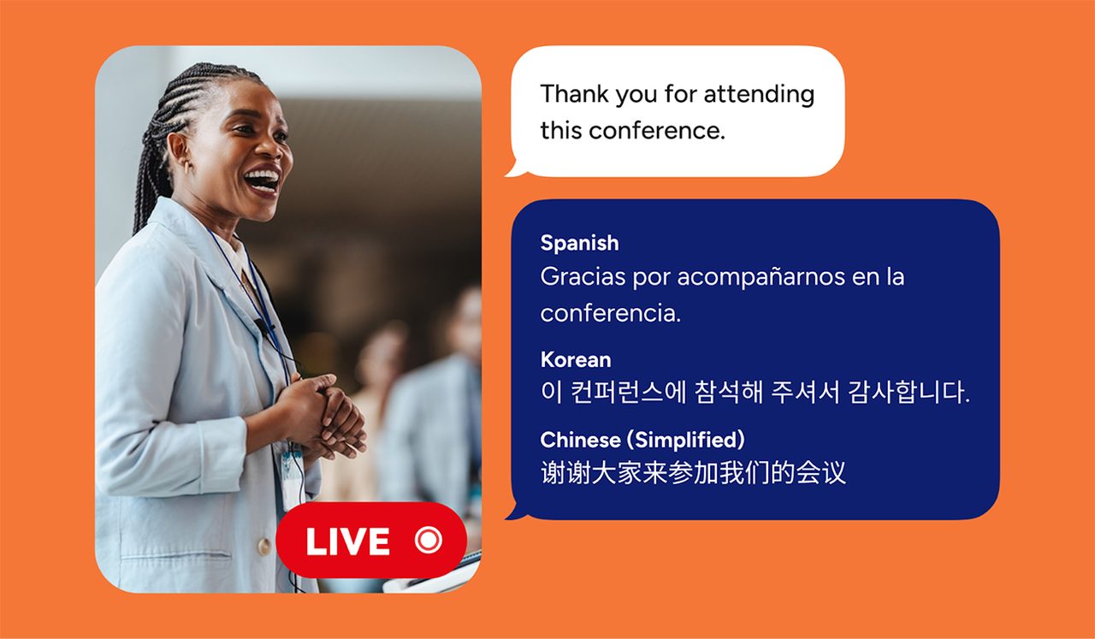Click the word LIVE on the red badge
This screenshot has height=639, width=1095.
coord(347,541)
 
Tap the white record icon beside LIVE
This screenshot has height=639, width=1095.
coord(428,541)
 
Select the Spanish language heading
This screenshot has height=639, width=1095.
coord(579,243)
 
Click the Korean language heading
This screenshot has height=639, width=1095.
coord(575,359)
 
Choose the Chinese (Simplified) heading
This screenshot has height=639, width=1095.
coord(642,440)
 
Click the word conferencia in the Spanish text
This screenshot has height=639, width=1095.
coord(610,313)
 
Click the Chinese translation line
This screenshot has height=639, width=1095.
coord(693,473)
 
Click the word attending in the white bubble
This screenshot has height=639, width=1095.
coord(759,94)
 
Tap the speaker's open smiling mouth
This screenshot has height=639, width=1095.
coord(263,180)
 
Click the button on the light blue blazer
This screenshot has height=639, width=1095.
coord(265,546)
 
